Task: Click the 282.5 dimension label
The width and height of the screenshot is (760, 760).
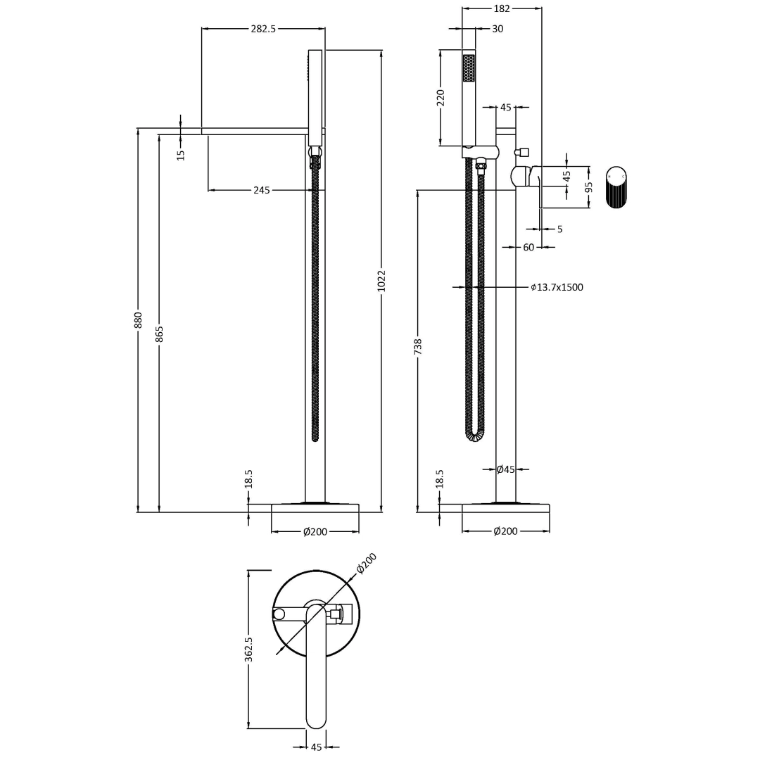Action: [x=263, y=29]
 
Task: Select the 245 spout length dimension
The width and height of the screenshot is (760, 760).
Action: [x=262, y=190]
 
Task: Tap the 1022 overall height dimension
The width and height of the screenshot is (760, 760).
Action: [x=381, y=281]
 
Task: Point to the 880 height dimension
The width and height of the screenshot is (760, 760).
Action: [x=139, y=319]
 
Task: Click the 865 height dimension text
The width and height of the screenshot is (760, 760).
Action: [x=160, y=334]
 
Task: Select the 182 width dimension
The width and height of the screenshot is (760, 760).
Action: [x=502, y=8]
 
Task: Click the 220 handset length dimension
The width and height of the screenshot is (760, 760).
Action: [x=441, y=97]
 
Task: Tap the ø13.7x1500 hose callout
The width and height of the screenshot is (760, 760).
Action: [x=557, y=287]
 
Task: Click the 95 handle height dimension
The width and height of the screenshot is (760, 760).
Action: [x=589, y=187]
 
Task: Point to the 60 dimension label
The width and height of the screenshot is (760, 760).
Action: [x=528, y=247]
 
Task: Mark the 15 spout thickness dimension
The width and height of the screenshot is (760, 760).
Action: [x=181, y=154]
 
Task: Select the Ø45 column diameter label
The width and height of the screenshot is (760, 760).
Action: [x=505, y=469]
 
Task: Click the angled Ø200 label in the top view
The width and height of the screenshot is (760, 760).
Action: [x=367, y=563]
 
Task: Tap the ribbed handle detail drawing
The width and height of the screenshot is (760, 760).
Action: [x=616, y=187]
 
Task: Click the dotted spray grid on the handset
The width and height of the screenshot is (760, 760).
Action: [x=469, y=68]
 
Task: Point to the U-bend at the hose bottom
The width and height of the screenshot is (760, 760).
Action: [x=475, y=436]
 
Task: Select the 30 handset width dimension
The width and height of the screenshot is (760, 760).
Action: [x=498, y=29]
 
